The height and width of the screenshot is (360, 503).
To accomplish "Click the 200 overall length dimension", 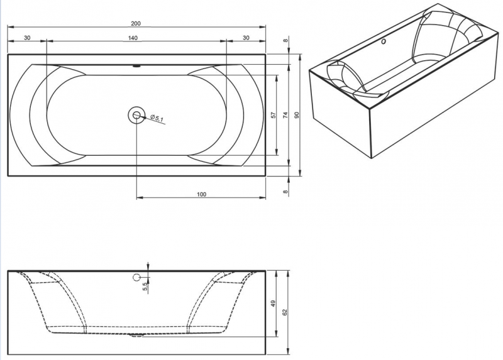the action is click(x=136, y=23).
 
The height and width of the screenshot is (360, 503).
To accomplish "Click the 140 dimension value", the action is click(x=133, y=38).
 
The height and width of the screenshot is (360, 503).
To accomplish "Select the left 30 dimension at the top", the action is click(x=27, y=38).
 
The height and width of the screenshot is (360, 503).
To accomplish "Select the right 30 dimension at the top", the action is click(x=246, y=38).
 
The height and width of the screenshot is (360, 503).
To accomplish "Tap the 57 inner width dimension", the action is click(x=274, y=115).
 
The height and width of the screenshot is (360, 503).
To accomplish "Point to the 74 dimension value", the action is click(x=285, y=115).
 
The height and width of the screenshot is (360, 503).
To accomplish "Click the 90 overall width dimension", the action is click(x=297, y=115).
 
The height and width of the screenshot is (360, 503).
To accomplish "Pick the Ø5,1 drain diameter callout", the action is click(x=157, y=118).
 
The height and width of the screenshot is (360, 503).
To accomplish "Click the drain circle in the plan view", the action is click(x=136, y=114).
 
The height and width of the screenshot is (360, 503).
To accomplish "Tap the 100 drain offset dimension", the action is click(x=201, y=194).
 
